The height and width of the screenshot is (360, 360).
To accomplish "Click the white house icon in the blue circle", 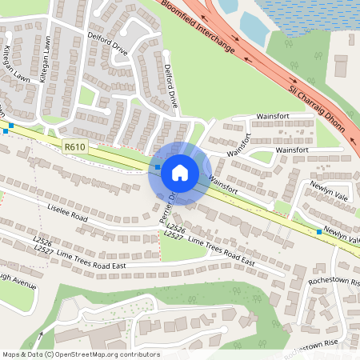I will [180, 172].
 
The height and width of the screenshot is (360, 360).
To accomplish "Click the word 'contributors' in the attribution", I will [137, 354].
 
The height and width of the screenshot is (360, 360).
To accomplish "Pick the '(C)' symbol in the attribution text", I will [50, 354].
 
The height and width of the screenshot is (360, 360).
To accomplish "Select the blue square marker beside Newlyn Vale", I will [319, 232].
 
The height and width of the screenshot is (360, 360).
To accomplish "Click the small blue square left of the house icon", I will [158, 167].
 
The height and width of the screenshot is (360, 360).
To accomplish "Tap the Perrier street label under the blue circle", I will [167, 206].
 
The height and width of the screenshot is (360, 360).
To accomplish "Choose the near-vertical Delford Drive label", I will [170, 86].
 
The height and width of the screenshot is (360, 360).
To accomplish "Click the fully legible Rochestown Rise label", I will [334, 282].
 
